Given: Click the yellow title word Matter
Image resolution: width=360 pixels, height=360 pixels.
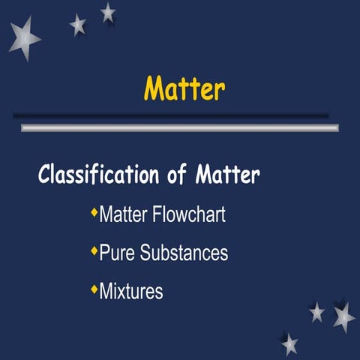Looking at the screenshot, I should coord(184,88).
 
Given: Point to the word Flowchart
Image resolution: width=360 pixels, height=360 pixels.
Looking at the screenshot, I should coord(188,215).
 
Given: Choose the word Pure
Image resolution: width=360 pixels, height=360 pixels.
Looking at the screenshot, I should coord(115,253).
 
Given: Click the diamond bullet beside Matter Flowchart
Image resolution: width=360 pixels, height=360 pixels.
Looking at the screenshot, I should coord(94,214).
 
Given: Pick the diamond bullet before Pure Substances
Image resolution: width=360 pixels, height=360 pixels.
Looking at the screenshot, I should coord(94,251).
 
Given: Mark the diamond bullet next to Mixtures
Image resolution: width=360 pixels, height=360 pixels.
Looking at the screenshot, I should coord(94,289).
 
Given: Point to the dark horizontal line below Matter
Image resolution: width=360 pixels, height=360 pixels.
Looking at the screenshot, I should coord(170,115).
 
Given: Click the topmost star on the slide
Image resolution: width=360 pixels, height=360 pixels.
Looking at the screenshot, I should coord(108,12).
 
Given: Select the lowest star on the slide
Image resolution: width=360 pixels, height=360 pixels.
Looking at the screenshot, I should coord(289,344).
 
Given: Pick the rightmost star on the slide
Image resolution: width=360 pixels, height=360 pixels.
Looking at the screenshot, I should coord(343,316).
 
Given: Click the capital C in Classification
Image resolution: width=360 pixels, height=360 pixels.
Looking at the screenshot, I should coord(45,175).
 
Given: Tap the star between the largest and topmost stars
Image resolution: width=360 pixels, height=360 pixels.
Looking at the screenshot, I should coord(78,25).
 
